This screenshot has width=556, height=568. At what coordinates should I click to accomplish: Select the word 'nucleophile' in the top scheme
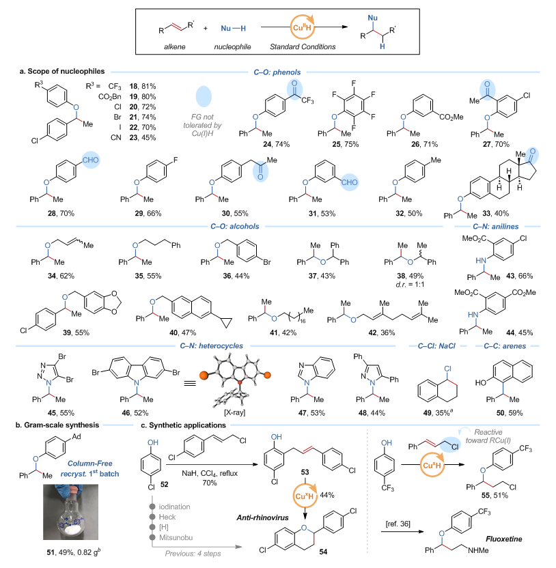click(x=230, y=47)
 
